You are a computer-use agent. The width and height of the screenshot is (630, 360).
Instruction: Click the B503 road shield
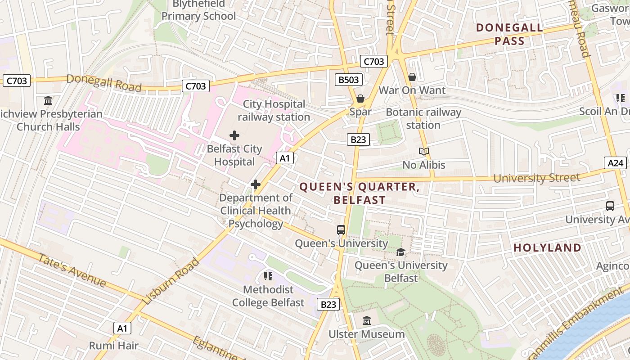(349, 80)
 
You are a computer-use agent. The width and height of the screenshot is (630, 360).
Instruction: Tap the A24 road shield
(615, 163)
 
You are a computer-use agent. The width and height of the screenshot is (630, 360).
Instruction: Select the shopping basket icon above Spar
(360, 99)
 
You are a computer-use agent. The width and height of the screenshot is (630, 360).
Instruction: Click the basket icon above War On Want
(412, 77)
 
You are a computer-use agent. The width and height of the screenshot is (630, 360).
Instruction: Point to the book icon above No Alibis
(423, 152)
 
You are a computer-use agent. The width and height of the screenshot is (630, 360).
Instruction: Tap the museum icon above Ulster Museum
(367, 321)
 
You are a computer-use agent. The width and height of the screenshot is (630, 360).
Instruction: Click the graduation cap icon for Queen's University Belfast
(400, 252)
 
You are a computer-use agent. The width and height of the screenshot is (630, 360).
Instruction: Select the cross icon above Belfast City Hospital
(234, 135)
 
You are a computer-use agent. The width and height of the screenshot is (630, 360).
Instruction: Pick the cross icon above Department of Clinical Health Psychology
(256, 184)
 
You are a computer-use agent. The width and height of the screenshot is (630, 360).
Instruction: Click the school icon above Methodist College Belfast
(268, 276)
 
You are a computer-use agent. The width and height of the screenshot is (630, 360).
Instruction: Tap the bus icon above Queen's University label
(341, 230)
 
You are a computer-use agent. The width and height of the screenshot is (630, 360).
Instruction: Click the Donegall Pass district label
(509, 34)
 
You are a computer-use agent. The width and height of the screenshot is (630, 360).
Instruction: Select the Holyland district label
(547, 247)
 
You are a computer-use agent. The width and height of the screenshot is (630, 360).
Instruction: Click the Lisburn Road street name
(171, 281)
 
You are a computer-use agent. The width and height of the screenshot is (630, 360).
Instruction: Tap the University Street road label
(536, 178)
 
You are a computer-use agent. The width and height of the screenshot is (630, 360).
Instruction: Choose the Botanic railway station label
(423, 118)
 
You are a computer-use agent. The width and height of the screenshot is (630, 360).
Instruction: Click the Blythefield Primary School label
(198, 10)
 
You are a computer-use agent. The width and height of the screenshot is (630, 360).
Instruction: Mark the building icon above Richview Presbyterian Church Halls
(48, 100)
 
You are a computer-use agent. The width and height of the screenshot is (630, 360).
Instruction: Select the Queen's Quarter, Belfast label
(359, 193)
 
